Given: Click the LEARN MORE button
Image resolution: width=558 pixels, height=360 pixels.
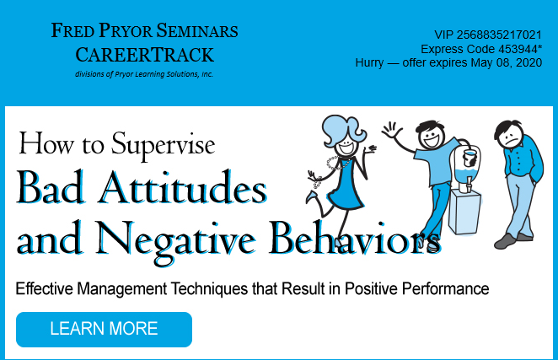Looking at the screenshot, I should coord(104,329).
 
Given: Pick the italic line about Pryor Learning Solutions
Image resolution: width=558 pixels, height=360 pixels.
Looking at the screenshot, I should coord(144,74).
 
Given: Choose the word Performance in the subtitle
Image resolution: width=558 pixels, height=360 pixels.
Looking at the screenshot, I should coord(447,289).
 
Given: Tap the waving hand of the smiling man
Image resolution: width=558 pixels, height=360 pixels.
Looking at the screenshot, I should coord(391,132).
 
